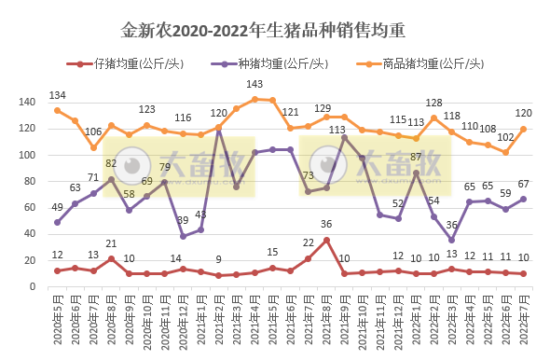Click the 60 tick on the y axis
point(29,208)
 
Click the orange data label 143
point(254,85)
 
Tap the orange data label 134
point(58,96)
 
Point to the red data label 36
point(326,224)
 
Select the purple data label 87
point(417,157)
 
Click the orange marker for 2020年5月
point(58,110)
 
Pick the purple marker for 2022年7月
point(523,199)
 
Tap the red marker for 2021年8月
point(326,240)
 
